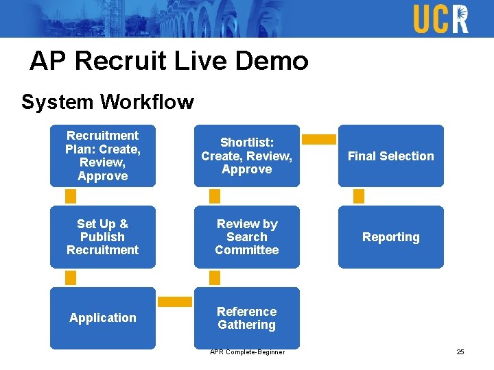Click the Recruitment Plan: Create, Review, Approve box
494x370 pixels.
pos(103,156)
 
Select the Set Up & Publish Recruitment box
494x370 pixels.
pos(103,237)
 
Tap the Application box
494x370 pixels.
pos(103,318)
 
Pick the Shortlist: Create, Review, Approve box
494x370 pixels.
pos(247,156)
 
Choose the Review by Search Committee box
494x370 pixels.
pos(247,237)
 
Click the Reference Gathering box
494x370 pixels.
pos(247,318)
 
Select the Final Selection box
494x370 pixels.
pos(391,156)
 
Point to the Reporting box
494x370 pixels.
pos(391,237)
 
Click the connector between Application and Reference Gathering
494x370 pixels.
pos(175,301)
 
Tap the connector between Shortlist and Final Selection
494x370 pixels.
pos(319,139)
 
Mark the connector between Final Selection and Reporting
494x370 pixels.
pos(358,197)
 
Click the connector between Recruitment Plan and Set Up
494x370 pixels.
pos(70,197)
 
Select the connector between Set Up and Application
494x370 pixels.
pos(70,277)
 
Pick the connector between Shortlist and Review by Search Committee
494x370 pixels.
pos(214,197)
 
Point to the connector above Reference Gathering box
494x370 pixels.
pos(214,277)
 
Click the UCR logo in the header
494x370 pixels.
pos(440,18)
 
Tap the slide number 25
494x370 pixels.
pos(460,352)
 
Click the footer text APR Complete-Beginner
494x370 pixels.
pos(247,352)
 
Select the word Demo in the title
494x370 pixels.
pos(272,61)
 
